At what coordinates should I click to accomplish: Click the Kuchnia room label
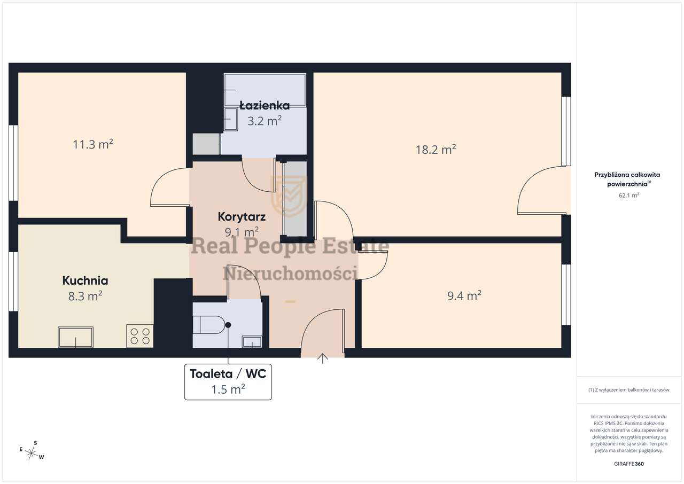[85, 281]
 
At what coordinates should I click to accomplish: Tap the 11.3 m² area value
[93, 144]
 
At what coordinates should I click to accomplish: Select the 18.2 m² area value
[436, 150]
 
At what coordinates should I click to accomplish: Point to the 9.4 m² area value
[464, 295]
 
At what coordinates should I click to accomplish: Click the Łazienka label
[265, 106]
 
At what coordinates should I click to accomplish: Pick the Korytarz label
[242, 217]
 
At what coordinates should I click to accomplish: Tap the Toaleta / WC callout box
[228, 382]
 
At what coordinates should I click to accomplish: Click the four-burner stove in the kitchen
[140, 336]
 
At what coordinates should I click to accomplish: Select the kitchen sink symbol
[76, 337]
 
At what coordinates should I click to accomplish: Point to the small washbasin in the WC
[252, 342]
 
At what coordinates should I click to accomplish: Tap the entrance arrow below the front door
[323, 358]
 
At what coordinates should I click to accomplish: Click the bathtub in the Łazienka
[265, 90]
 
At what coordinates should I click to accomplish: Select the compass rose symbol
[31, 454]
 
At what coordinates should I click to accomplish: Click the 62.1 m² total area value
[629, 196]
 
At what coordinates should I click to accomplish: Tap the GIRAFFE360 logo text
[629, 464]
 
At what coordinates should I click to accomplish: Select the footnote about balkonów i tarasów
[629, 389]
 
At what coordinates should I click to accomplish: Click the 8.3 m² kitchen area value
[85, 296]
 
